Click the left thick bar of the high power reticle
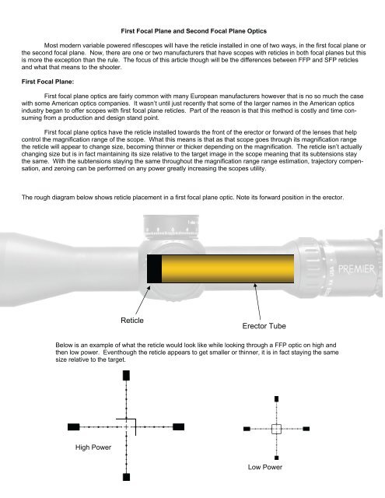point(75,426)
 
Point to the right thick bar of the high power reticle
point(178,426)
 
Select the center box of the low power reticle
point(276,428)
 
